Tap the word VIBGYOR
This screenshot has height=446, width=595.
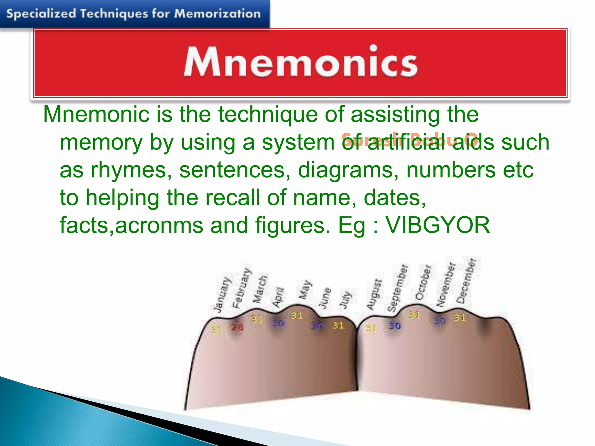(x=438, y=225)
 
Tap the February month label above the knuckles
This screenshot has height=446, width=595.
(x=242, y=288)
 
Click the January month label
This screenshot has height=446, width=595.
(x=222, y=295)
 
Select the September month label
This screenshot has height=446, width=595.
(x=398, y=287)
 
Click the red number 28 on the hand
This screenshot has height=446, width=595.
(x=237, y=328)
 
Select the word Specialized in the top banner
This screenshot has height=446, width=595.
(x=41, y=14)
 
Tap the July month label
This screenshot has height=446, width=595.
(x=346, y=299)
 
